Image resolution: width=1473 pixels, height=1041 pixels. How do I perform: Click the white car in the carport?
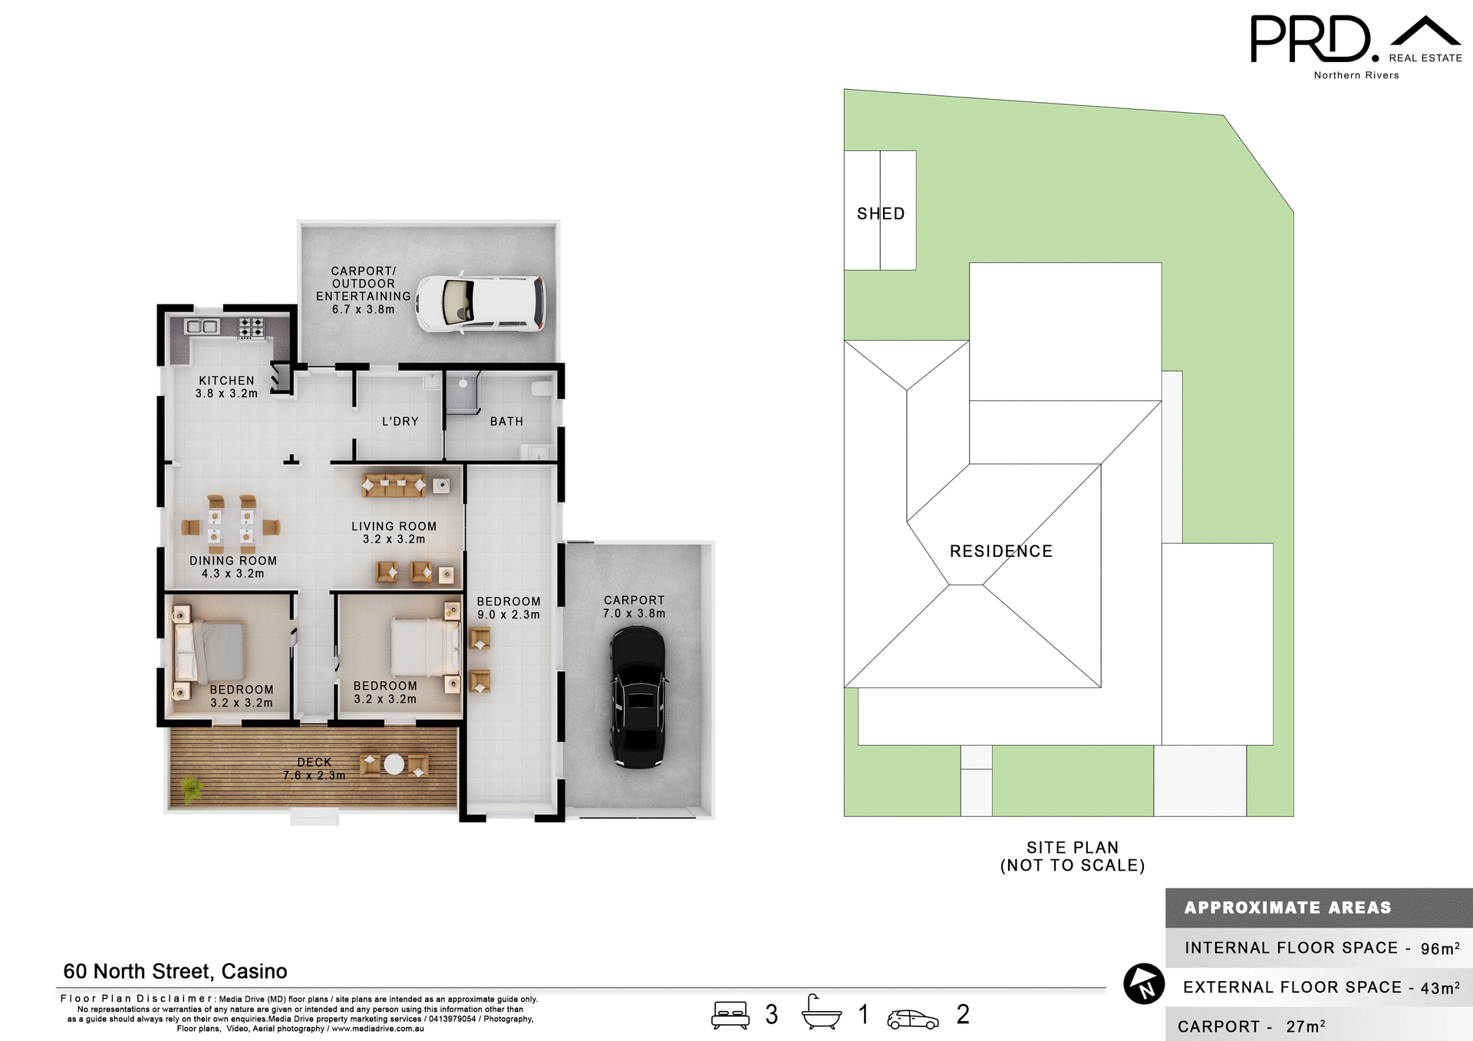[481, 304]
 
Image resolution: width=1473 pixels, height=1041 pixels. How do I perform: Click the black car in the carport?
[638, 697]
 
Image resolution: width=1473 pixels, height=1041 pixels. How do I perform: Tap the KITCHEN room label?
[226, 380]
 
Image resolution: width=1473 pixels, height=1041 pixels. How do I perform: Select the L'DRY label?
[400, 421]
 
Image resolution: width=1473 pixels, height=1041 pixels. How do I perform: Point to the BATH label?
[506, 421]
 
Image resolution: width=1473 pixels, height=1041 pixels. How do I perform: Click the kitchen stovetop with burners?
[251, 328]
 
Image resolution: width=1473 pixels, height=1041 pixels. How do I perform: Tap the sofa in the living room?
[394, 484]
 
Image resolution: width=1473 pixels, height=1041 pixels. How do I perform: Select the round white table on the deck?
[394, 764]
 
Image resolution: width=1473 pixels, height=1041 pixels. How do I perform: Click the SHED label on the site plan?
[881, 213]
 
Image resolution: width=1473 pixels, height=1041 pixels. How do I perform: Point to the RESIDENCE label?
[1001, 551]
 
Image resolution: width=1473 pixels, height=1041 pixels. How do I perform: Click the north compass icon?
[1144, 983]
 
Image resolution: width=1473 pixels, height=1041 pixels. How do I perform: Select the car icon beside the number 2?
[912, 1019]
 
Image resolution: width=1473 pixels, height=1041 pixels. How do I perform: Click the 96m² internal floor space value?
[1439, 948]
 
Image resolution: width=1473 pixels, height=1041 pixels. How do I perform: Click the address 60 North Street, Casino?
[175, 971]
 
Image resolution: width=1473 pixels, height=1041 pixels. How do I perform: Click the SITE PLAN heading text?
[1072, 848]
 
